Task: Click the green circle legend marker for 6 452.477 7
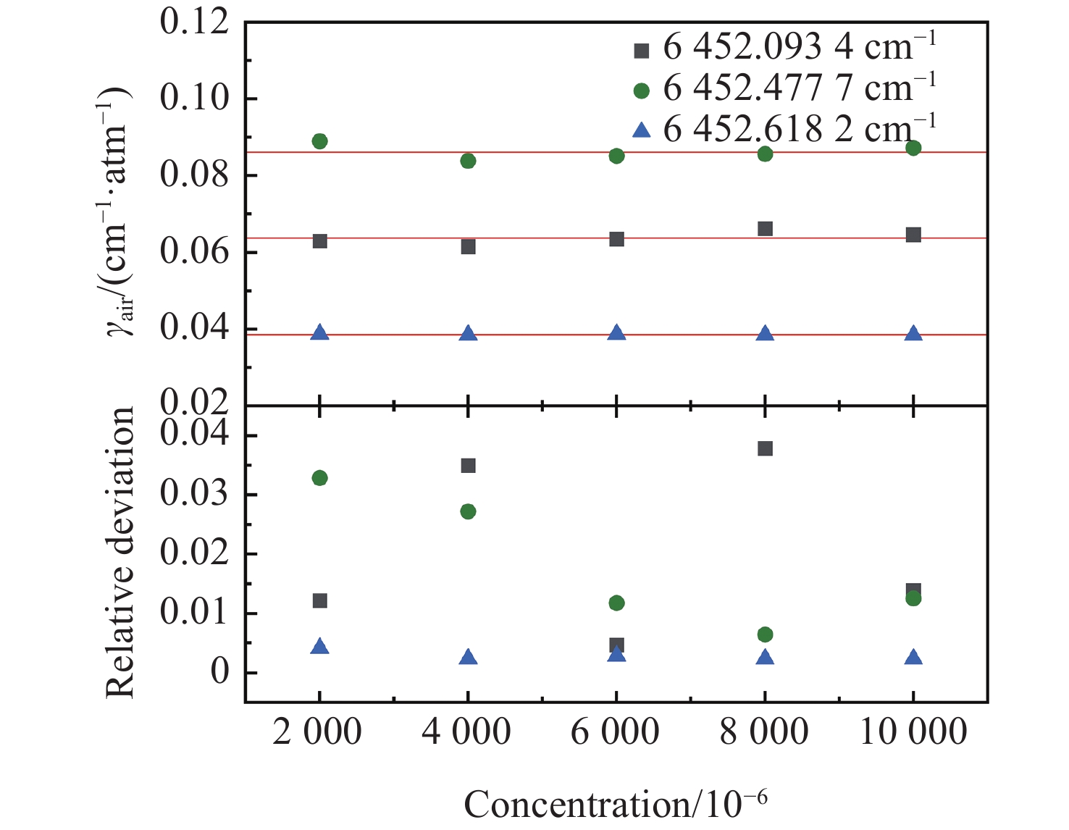(x=641, y=91)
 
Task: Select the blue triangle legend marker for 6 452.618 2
(x=641, y=130)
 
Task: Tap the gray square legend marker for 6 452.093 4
(x=641, y=51)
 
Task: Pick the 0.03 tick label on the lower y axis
(x=194, y=494)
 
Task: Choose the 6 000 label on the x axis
(x=615, y=732)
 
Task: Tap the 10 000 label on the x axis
(x=913, y=732)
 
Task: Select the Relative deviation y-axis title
(x=120, y=552)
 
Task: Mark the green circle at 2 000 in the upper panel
(x=319, y=141)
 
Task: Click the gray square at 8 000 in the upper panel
(x=765, y=229)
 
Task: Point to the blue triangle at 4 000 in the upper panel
(x=468, y=333)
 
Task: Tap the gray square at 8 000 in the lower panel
(x=765, y=449)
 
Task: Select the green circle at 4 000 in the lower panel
(x=468, y=511)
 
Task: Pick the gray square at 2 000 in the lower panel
(x=319, y=601)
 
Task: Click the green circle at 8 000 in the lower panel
(x=765, y=634)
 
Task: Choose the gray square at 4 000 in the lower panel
(x=468, y=466)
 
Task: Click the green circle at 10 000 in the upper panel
(x=913, y=148)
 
